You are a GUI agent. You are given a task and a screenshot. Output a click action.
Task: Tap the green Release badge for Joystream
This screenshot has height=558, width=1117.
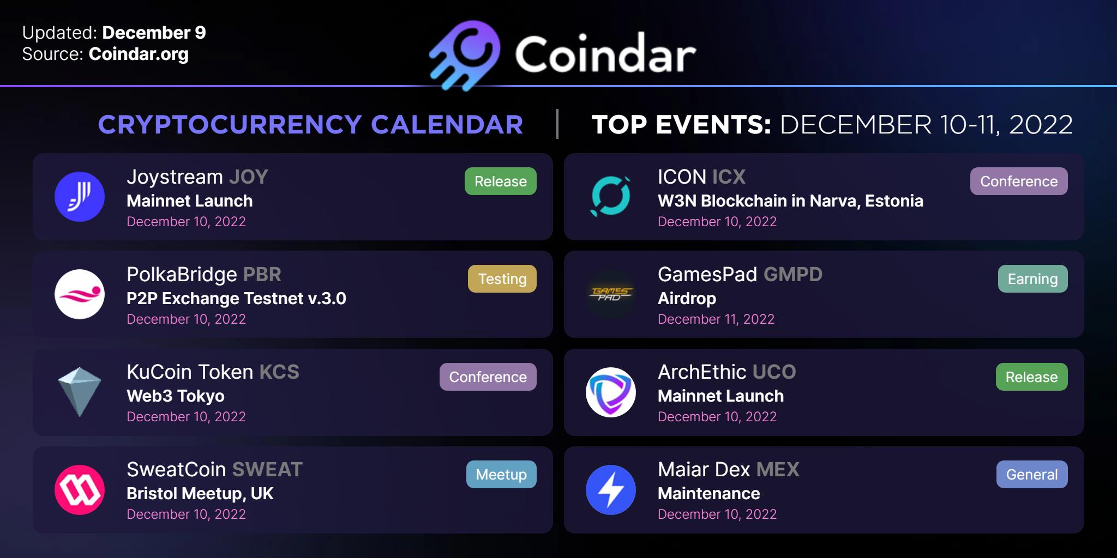pos(501,181)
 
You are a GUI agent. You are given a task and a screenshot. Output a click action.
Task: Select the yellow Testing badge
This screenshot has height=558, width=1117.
pos(502,279)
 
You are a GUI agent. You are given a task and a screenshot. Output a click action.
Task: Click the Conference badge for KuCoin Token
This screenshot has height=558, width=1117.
pos(488,377)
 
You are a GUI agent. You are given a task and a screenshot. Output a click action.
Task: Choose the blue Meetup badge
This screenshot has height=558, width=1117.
pos(501,474)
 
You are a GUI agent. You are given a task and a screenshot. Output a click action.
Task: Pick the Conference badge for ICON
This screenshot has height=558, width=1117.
pos(1019,181)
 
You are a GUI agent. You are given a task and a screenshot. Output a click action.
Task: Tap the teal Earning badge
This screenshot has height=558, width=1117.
pos(1033,279)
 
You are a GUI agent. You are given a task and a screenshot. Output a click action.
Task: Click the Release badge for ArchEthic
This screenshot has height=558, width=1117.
pos(1032,377)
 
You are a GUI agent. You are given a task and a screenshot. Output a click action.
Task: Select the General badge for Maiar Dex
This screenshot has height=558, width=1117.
pos(1032,474)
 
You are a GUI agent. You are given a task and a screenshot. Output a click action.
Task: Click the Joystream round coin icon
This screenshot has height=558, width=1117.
pos(80,197)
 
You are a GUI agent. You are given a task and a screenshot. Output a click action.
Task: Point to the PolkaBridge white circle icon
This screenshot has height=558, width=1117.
pos(80,294)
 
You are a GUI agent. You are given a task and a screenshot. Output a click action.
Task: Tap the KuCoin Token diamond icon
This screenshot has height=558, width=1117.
pos(80,392)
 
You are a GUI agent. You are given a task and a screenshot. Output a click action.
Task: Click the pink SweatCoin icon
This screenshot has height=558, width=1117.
pos(80,489)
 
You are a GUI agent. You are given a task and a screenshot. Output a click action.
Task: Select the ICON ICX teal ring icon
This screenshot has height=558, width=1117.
pos(611,197)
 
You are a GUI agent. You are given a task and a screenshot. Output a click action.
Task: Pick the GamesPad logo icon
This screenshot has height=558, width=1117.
pos(611,294)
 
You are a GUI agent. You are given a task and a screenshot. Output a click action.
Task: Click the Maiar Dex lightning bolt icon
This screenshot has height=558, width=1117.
pos(611,489)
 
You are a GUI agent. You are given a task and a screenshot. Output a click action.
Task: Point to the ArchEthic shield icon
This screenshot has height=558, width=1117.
pos(611,392)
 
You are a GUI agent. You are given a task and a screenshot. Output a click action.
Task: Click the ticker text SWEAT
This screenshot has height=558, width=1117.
pos(267,469)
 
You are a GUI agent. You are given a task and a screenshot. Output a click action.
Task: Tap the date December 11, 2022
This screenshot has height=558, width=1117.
pos(716,319)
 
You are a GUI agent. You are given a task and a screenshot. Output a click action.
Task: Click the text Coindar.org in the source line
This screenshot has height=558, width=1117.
pos(139,54)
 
